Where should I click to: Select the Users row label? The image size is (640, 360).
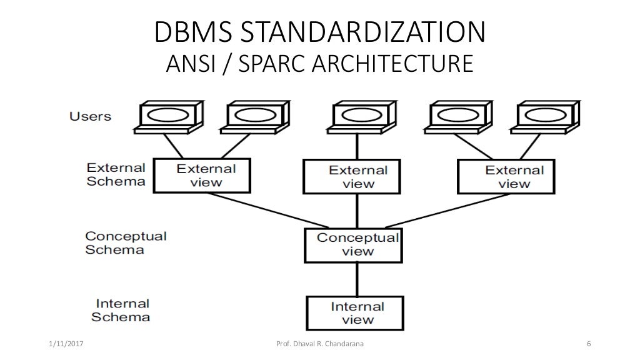[90, 116]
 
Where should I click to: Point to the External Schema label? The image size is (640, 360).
[116, 174]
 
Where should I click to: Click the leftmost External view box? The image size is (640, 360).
[202, 175]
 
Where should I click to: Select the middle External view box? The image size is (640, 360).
[356, 176]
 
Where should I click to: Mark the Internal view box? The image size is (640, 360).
[356, 312]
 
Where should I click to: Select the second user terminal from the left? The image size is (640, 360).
[256, 117]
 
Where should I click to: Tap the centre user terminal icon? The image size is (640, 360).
[357, 117]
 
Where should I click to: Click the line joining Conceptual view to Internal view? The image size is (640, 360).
[356, 279]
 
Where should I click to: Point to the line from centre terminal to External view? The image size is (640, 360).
[357, 147]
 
